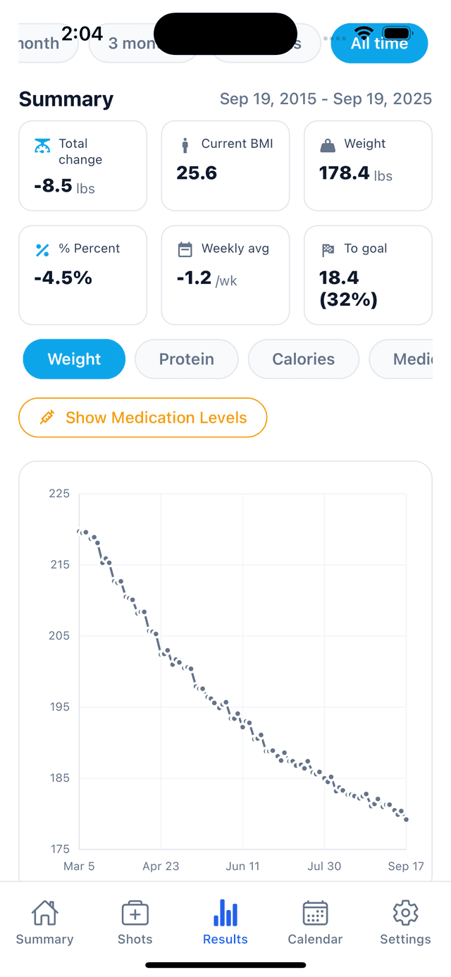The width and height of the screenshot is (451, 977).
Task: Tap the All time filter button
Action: [379, 43]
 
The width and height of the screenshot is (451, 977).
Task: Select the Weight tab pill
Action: [74, 359]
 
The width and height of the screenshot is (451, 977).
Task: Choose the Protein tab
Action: [186, 359]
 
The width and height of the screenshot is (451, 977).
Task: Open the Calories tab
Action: [303, 359]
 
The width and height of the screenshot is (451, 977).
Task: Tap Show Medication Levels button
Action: [143, 418]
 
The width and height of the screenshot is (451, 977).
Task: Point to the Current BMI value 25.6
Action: [197, 173]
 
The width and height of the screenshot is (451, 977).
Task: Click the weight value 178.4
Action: [344, 173]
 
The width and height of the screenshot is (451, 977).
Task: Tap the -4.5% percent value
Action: [63, 278]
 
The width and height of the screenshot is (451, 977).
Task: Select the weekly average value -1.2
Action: [194, 278]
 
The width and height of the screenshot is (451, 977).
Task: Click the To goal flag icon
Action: [328, 249]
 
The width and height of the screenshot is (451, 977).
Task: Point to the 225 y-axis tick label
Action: [59, 494]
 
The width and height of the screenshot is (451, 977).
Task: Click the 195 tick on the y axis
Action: [59, 707]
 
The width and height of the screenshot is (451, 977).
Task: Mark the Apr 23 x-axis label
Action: [161, 866]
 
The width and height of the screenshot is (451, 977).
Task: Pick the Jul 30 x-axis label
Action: [324, 866]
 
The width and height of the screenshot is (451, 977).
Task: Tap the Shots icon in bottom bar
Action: [135, 914]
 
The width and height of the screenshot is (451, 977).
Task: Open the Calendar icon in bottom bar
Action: [315, 914]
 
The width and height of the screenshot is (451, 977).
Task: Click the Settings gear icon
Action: [405, 914]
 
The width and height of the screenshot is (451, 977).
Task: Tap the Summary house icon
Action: [44, 914]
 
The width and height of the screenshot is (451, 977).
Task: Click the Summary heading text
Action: [66, 99]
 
